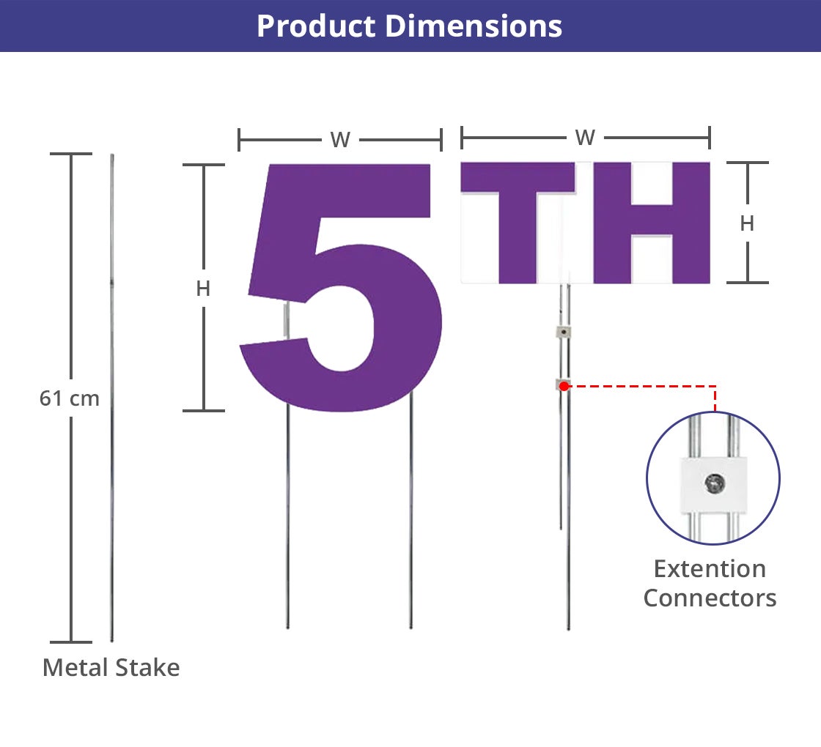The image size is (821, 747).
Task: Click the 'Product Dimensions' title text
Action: [x=410, y=26]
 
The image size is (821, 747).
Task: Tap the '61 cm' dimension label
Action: [x=70, y=398]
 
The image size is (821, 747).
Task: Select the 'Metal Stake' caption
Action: [x=111, y=667]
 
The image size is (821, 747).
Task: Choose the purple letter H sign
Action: [x=652, y=223]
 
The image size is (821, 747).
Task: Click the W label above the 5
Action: [x=340, y=140]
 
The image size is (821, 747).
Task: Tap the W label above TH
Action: [x=585, y=138]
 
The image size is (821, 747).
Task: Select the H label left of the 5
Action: [x=203, y=289]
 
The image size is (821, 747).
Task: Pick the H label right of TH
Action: [x=747, y=223]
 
